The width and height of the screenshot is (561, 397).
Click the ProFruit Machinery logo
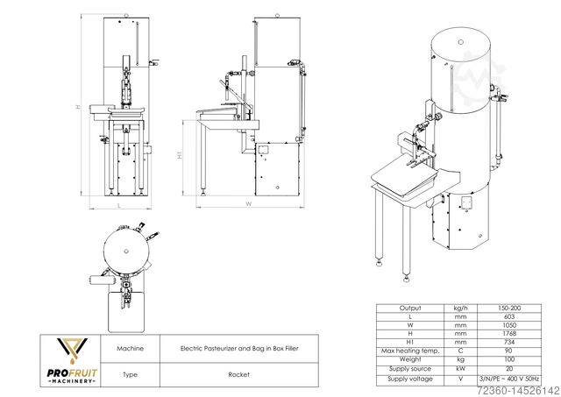[72, 361]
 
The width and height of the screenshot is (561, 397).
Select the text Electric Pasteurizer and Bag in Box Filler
[239, 348]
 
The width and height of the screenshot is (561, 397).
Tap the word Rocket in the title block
[239, 374]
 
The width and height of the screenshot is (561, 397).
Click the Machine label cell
[131, 348]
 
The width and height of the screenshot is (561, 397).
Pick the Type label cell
[131, 374]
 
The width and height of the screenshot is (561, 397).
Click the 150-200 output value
[509, 308]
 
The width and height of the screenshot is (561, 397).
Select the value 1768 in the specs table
[509, 334]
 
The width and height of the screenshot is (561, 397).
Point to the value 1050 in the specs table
[509, 325]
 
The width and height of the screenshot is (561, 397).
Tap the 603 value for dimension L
[509, 316]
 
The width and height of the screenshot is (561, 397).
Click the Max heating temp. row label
[410, 351]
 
